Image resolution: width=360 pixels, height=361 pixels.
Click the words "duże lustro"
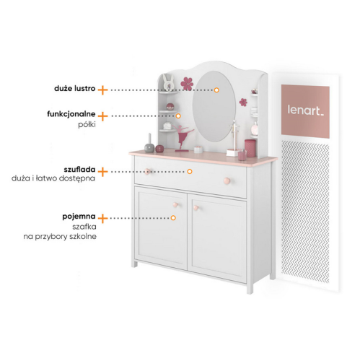pyautogui.click(x=75, y=89)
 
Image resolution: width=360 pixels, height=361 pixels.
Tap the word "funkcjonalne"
pyautogui.click(x=71, y=114)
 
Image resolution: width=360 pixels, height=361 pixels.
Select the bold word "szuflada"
pyautogui.click(x=79, y=170)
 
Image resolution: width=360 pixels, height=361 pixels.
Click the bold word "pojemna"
pyautogui.click(x=79, y=217)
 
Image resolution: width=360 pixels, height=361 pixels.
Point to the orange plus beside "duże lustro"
pyautogui.click(x=102, y=90)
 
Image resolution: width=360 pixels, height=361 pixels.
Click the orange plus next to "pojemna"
pyautogui.click(x=102, y=218)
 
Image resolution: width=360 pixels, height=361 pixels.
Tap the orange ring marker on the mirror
pyautogui.click(x=216, y=90)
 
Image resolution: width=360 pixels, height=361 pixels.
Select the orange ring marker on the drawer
pyautogui.click(x=190, y=171)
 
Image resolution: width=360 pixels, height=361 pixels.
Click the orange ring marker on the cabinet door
pyautogui.click(x=173, y=218)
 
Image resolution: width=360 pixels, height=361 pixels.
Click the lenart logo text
pyautogui.click(x=305, y=110)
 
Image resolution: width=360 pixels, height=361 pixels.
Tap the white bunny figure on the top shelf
pyautogui.click(x=168, y=82)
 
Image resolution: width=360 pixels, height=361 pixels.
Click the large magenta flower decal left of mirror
pyautogui.click(x=187, y=84)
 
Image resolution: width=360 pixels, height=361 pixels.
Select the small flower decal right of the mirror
pyautogui.click(x=243, y=102)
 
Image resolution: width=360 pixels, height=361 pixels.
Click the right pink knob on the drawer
pyautogui.click(x=227, y=180)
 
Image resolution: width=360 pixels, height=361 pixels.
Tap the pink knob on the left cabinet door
pyautogui.click(x=175, y=205)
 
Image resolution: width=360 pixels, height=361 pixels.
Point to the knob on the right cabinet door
pyautogui.click(x=196, y=208)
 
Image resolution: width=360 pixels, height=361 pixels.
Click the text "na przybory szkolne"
pyautogui.click(x=60, y=237)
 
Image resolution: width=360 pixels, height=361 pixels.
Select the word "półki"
pyautogui.click(x=87, y=124)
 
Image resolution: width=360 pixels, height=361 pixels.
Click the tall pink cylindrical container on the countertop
pyautogui.click(x=250, y=148)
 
